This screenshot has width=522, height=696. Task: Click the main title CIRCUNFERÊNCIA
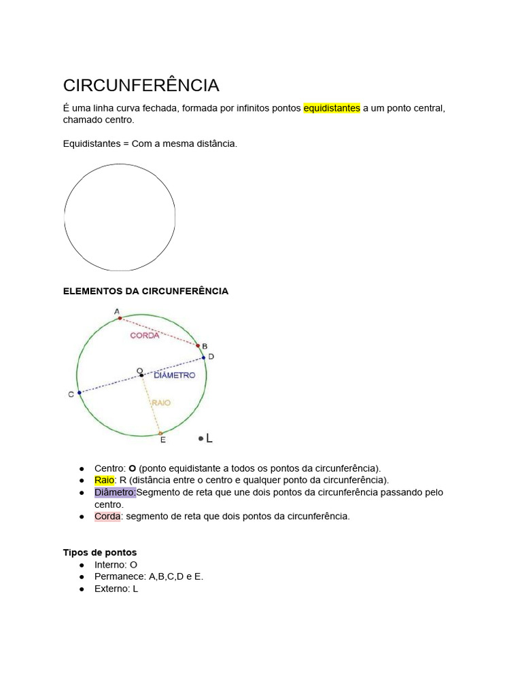pyautogui.click(x=141, y=86)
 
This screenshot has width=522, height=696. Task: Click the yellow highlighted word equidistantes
pyautogui.click(x=331, y=108)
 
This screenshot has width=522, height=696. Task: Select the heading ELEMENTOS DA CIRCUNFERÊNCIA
pyautogui.click(x=145, y=291)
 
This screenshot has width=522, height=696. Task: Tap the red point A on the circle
pyautogui.click(x=120, y=317)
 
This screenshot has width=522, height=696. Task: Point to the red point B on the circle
pyautogui.click(x=198, y=345)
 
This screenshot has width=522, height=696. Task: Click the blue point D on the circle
pyautogui.click(x=203, y=358)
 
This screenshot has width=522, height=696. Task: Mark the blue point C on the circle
pyautogui.click(x=80, y=392)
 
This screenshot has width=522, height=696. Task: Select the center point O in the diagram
pyautogui.click(x=141, y=375)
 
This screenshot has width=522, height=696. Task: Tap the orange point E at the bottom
pyautogui.click(x=160, y=433)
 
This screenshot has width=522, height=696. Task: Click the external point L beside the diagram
pyautogui.click(x=201, y=438)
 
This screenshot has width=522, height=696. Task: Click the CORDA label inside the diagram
pyautogui.click(x=145, y=335)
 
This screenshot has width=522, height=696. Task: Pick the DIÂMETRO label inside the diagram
pyautogui.click(x=174, y=375)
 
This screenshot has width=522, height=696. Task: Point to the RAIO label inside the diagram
pyautogui.click(x=161, y=403)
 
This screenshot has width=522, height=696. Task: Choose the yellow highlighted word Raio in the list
pyautogui.click(x=104, y=480)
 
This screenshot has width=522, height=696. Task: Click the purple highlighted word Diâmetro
pyautogui.click(x=115, y=492)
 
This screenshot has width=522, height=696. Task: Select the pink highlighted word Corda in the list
pyautogui.click(x=107, y=516)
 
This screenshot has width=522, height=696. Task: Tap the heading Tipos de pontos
pyautogui.click(x=99, y=552)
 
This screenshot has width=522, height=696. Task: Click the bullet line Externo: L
pyautogui.click(x=116, y=589)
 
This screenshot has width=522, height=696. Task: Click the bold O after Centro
pyautogui.click(x=133, y=468)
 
